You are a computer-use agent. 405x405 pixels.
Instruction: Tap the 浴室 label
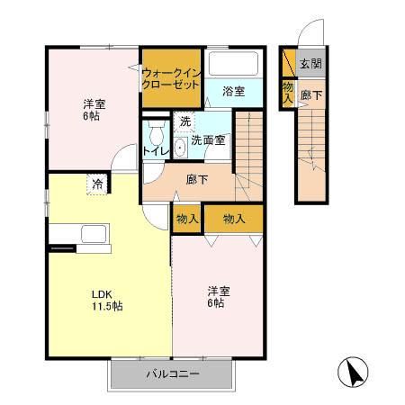click(x=234, y=90)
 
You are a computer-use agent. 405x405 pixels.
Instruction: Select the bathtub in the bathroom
click(x=233, y=65)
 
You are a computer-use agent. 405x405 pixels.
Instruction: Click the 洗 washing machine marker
click(x=184, y=121)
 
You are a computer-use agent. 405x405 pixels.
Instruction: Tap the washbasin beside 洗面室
click(x=180, y=147)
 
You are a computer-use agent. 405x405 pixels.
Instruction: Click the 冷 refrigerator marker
click(x=96, y=184)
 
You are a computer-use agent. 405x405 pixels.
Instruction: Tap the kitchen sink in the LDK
click(x=94, y=234)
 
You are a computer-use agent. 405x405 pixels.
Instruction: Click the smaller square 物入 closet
click(x=187, y=219)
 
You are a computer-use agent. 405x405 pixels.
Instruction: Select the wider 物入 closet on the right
click(x=234, y=219)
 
